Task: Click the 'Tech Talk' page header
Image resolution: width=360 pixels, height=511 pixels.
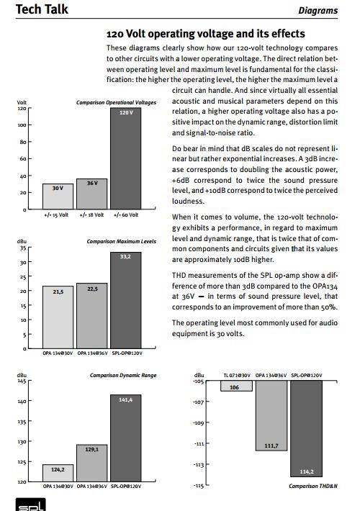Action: point(42,9)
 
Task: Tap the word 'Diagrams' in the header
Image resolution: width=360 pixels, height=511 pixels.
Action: point(318,10)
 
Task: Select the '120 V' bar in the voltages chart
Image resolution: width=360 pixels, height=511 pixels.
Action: point(126,158)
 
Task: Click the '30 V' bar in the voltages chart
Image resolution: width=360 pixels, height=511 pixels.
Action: point(58,196)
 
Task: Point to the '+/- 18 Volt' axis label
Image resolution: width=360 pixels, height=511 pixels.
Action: point(91,214)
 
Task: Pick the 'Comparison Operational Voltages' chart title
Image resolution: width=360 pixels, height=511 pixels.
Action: point(116,102)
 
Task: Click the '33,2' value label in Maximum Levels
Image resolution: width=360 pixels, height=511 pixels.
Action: point(125,256)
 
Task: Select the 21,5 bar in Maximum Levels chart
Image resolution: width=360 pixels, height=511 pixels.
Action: point(58,317)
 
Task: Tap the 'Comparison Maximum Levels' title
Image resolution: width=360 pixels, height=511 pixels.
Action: point(121,242)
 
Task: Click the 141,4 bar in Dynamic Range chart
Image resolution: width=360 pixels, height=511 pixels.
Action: point(126,438)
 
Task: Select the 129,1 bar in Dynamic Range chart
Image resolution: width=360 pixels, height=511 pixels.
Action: point(92,463)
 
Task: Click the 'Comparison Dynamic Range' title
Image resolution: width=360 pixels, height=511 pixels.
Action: point(123,375)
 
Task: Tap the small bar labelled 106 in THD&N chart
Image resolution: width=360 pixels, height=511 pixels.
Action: point(236,386)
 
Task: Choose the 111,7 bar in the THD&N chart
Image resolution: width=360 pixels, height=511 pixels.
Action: point(271,415)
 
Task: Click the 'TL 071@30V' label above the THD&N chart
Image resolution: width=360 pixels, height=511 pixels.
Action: point(237,376)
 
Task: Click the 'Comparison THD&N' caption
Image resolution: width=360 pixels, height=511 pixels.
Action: point(313,486)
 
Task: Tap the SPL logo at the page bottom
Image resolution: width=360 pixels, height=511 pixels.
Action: point(31,505)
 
